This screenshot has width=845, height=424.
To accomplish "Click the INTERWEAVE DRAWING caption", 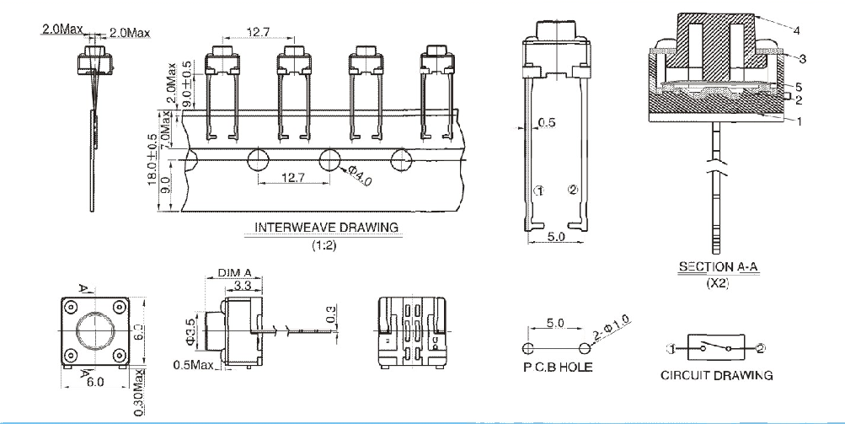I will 327,227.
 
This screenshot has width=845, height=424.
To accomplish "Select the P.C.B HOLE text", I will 558,367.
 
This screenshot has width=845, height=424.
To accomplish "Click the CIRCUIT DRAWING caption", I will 716,375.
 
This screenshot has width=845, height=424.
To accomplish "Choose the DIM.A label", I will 235,273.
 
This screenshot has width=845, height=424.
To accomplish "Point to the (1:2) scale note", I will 326,245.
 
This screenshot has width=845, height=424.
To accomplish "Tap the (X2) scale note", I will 717,283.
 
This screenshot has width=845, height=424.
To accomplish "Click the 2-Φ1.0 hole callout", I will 610,333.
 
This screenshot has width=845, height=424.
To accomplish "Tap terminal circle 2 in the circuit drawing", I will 761,347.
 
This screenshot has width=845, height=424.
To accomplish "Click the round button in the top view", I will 94,331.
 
